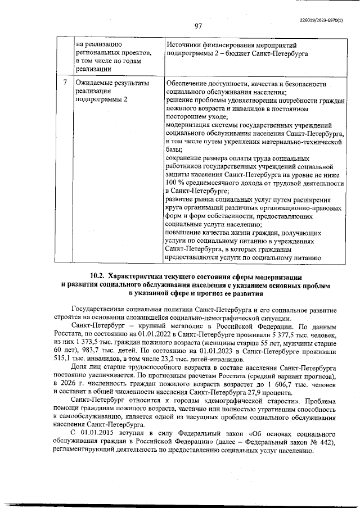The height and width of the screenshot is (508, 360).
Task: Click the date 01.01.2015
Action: pyautogui.click(x=99, y=434)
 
